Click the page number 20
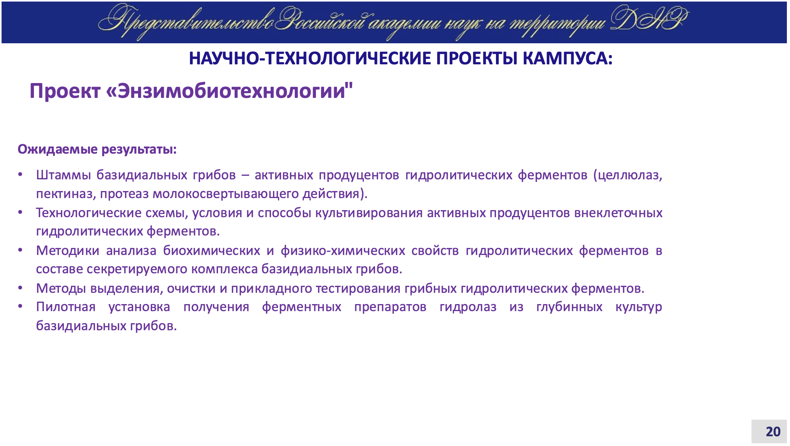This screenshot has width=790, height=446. [x=773, y=432]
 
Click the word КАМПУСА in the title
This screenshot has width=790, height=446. [x=567, y=58]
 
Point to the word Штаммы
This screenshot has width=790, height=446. [x=64, y=175]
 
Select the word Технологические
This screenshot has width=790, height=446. [x=89, y=213]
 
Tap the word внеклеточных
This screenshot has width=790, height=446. [x=618, y=213]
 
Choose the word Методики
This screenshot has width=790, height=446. [x=68, y=250]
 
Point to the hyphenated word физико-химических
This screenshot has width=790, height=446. [x=343, y=251]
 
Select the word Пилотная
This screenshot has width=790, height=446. [x=66, y=307]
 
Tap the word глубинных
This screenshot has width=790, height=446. [x=569, y=307]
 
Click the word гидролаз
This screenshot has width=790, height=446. [x=468, y=307]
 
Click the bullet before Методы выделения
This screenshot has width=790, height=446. [x=20, y=288]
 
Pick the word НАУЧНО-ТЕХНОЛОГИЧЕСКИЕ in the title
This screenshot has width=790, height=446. [x=310, y=58]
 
